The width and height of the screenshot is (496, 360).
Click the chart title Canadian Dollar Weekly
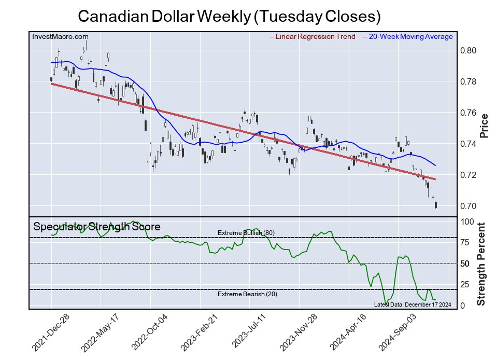(x=229, y=16)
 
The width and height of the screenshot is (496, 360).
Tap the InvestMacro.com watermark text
(x=60, y=36)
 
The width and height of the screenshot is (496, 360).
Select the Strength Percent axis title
(x=482, y=264)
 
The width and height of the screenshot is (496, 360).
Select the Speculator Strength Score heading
(x=97, y=227)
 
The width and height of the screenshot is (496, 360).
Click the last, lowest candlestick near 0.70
(x=436, y=205)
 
